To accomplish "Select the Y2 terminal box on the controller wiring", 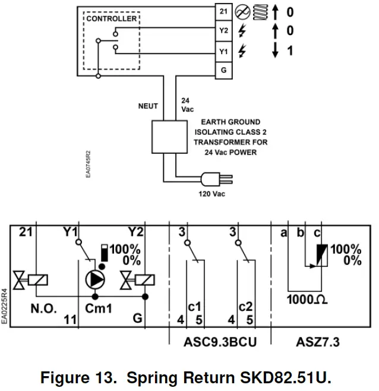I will [x=223, y=31].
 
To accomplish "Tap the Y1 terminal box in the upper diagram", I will [x=223, y=52].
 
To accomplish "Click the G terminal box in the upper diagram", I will [x=223, y=71].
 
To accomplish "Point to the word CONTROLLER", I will [x=112, y=19].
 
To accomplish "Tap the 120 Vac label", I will [x=212, y=194].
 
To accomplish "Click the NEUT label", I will [x=149, y=106].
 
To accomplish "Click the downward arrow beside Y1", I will [x=275, y=52].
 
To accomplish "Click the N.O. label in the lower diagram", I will [x=43, y=309].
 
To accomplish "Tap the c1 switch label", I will [x=194, y=307].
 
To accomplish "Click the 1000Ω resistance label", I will [x=308, y=300].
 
